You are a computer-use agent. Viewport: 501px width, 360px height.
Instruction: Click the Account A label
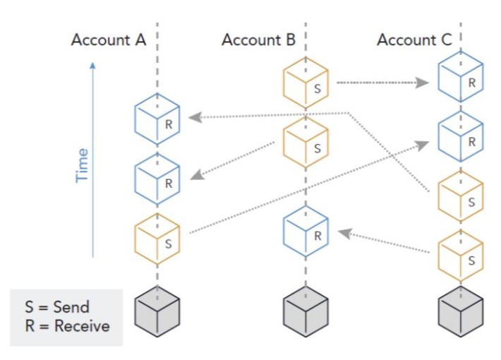coord(109,40)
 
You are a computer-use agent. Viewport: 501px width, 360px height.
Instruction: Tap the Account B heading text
coord(258,40)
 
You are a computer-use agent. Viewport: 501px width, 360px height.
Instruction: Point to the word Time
coord(83,164)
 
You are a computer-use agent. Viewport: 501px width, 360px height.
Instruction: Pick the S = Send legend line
coord(56,308)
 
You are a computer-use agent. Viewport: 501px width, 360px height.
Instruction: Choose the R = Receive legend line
coord(67,326)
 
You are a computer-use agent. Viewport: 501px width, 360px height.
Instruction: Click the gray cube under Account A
coord(157,311)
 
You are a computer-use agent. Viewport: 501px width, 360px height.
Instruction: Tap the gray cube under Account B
coord(306,311)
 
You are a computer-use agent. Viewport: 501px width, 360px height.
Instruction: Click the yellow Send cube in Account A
coord(157,236)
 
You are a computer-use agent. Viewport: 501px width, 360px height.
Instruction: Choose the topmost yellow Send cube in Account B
coord(306,83)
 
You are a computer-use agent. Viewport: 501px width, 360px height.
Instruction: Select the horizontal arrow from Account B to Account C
coord(381,83)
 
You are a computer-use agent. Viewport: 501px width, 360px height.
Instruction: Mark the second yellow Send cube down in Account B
coord(306,141)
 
